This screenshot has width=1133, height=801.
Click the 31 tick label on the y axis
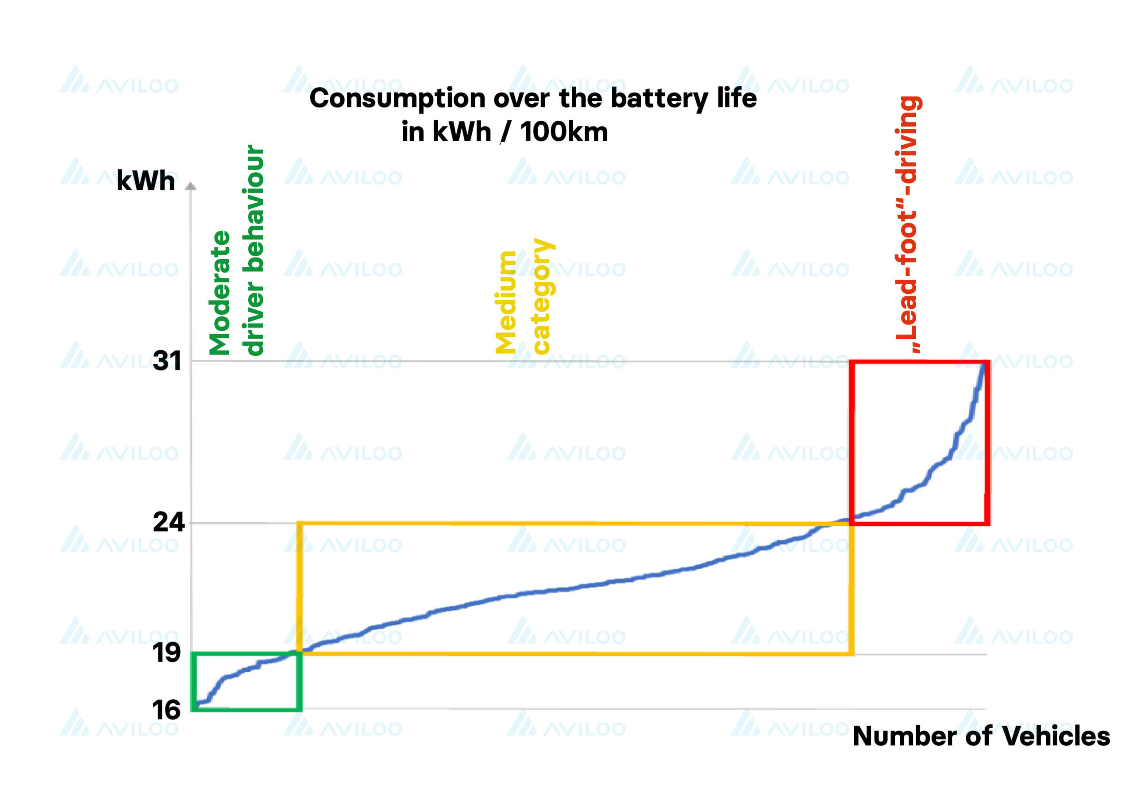[x=167, y=361]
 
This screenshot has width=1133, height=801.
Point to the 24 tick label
[x=168, y=522]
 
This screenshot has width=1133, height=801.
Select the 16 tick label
[x=166, y=711]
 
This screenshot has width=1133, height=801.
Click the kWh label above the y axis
[x=146, y=181]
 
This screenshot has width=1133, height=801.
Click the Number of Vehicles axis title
[x=981, y=736]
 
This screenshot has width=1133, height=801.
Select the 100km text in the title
[x=563, y=132]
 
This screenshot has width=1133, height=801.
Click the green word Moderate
[x=220, y=293]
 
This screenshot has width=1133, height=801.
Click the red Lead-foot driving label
[x=908, y=224]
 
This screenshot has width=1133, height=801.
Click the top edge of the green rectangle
[x=247, y=654]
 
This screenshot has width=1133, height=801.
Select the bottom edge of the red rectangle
[x=919, y=523]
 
